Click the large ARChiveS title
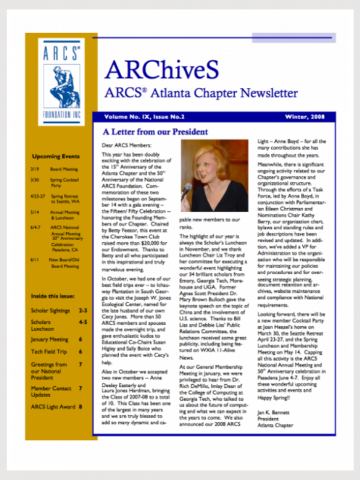pyautogui.click(x=161, y=70)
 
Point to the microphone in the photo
pyautogui.click(x=187, y=191)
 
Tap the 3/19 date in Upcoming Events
pyautogui.click(x=36, y=170)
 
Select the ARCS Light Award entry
pyautogui.click(x=54, y=407)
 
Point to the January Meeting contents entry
pyautogui.click(x=50, y=339)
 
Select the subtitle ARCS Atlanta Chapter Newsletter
pyautogui.click(x=200, y=94)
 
